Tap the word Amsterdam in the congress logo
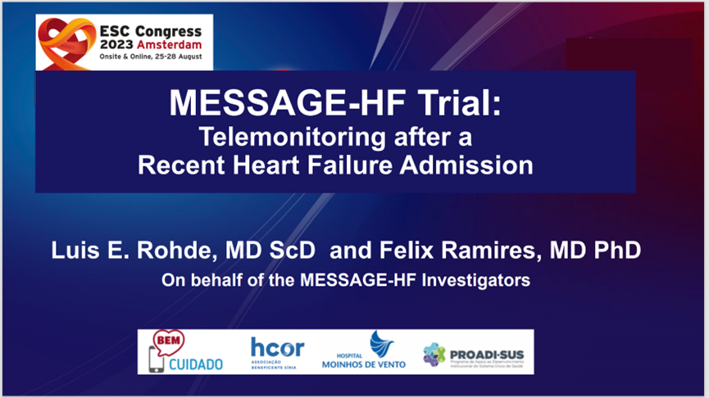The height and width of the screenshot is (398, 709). click(169, 45)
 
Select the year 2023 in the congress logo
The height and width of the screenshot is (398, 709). click(116, 45)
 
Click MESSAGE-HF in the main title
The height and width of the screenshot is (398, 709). click(287, 103)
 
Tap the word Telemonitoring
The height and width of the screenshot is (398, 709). click(292, 138)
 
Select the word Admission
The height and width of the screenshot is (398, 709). click(466, 165)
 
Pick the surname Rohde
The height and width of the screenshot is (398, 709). click(174, 251)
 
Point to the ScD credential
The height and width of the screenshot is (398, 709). click(292, 251)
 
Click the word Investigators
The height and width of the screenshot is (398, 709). click(475, 281)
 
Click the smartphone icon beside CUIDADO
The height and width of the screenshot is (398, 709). click(156, 360)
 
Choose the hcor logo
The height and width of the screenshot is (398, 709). click(278, 352)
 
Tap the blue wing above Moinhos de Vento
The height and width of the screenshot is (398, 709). click(381, 344)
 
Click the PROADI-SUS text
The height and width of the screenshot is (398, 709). click(487, 355)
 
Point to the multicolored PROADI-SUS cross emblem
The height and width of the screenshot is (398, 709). click(434, 354)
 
